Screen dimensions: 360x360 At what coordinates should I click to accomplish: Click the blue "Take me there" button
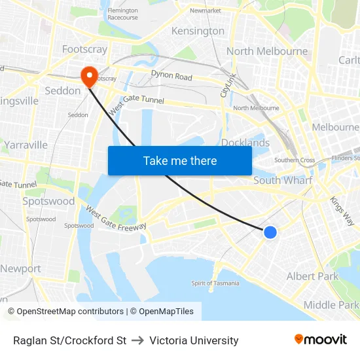[x=180, y=160]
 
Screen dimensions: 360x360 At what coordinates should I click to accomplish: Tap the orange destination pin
[x=88, y=77]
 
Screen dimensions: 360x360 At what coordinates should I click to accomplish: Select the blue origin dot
[x=270, y=232]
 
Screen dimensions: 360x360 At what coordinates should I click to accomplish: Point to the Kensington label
[x=198, y=31]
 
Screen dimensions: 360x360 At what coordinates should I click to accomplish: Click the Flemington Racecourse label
[x=122, y=14]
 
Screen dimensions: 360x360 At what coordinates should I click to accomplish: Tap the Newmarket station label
[x=205, y=10]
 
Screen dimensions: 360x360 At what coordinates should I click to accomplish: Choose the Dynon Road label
[x=171, y=76]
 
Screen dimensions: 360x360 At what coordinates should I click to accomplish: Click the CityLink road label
[x=228, y=85]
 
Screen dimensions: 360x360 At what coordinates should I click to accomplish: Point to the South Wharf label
[x=283, y=180]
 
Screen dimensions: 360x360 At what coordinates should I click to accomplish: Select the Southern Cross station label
[x=295, y=160]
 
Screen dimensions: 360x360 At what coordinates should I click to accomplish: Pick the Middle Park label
[x=331, y=304]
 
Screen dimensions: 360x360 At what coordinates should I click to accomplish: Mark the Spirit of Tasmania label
[x=215, y=283]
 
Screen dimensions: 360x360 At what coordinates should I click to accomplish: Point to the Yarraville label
[x=26, y=145]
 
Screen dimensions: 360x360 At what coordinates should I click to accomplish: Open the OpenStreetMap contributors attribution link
[x=65, y=312]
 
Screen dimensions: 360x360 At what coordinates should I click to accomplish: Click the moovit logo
[x=321, y=340]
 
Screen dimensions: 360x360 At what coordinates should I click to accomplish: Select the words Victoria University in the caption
[x=194, y=340]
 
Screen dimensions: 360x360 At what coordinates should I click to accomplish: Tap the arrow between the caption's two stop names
[x=137, y=340]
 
